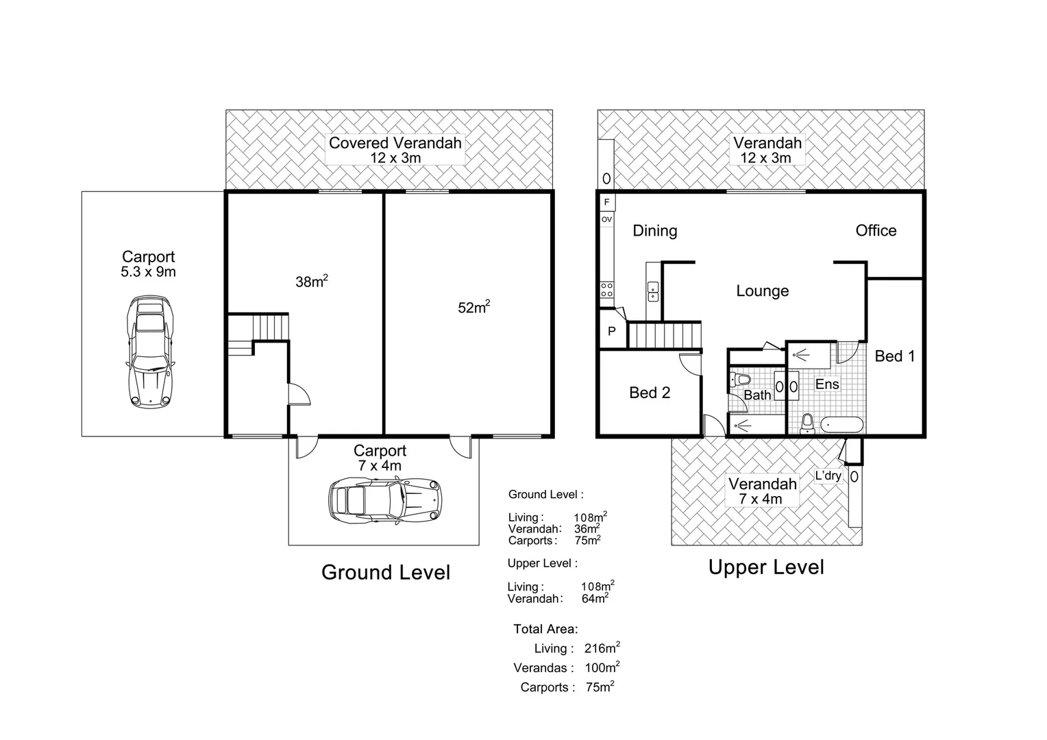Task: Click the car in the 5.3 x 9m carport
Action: click(x=150, y=352)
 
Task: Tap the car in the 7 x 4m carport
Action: click(x=385, y=500)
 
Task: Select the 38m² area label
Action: click(x=312, y=281)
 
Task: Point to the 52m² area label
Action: click(x=474, y=307)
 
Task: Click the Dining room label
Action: click(x=655, y=230)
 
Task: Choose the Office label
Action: click(x=876, y=230)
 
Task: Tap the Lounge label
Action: click(x=763, y=291)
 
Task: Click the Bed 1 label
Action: click(x=895, y=356)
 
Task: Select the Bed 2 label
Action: click(x=650, y=393)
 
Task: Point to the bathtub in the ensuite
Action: click(x=842, y=425)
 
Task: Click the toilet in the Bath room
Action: click(x=739, y=380)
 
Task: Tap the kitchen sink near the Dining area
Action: click(x=653, y=292)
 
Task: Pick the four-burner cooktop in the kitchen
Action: click(x=606, y=289)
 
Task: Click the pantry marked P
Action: click(x=613, y=331)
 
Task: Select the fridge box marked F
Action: click(x=606, y=202)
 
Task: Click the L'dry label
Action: click(x=828, y=476)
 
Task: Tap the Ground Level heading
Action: click(x=386, y=572)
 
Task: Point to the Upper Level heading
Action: click(x=766, y=567)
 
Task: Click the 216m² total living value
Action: click(x=602, y=647)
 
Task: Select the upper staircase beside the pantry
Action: click(x=664, y=335)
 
